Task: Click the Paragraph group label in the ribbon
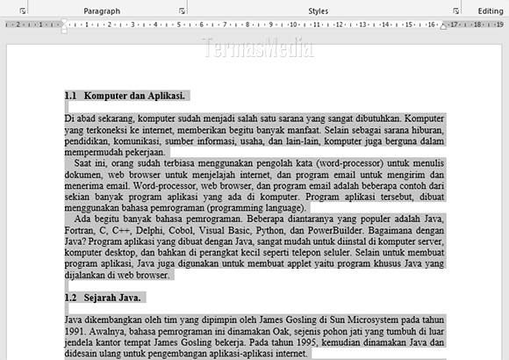[102, 11]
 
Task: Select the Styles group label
[319, 11]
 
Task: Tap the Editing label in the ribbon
[491, 11]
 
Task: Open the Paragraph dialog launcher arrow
[182, 11]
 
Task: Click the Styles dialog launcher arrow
[456, 11]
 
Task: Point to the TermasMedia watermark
[254, 47]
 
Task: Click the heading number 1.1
[71, 95]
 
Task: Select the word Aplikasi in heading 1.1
[164, 95]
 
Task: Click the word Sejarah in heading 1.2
[100, 299]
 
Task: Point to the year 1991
[75, 333]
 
